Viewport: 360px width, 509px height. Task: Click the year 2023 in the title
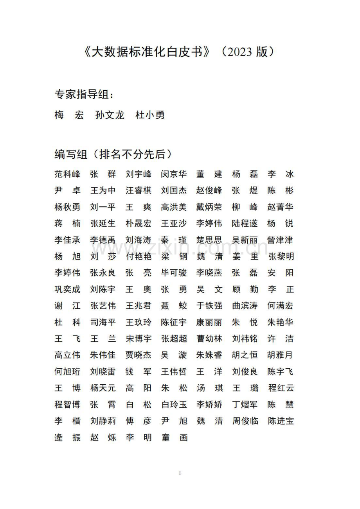(238, 52)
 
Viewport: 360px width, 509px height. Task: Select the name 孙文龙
(110, 115)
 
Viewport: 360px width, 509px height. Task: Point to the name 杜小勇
(150, 115)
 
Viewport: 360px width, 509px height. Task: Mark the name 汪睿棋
(139, 191)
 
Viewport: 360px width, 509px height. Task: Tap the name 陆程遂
(245, 224)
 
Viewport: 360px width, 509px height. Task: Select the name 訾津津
(281, 240)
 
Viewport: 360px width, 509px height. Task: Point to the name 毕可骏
(174, 273)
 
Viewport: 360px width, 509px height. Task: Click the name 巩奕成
(67, 290)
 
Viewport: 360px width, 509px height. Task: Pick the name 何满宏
(281, 306)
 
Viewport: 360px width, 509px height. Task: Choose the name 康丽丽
(209, 323)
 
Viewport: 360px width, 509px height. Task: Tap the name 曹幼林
(209, 339)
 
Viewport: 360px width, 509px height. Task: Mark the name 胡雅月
(281, 355)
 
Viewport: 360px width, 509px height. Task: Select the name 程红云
(281, 388)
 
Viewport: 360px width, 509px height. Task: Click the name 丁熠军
(245, 405)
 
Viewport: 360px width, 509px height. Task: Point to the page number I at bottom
(180, 473)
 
